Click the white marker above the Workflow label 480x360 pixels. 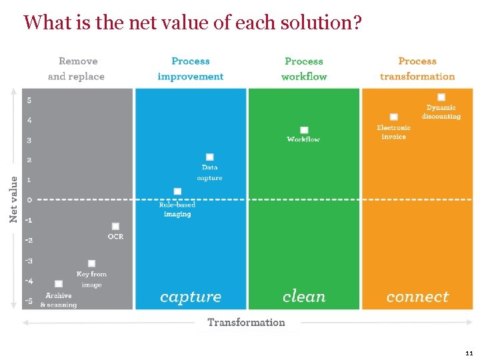click(x=304, y=130)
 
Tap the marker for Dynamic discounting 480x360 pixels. click(x=441, y=97)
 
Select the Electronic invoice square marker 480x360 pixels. click(x=393, y=117)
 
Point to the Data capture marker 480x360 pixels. click(x=209, y=157)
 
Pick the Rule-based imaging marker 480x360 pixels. click(x=177, y=191)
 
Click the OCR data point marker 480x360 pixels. click(x=115, y=226)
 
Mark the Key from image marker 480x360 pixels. click(x=91, y=263)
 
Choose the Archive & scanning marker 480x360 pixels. click(x=59, y=283)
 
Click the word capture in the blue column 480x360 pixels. click(x=191, y=297)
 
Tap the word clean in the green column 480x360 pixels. click(x=304, y=297)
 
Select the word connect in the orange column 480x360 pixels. click(x=417, y=297)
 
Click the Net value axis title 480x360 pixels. click(x=13, y=199)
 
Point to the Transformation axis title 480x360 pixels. click(x=246, y=322)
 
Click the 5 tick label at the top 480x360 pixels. click(x=29, y=101)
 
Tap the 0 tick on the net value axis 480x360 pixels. click(x=29, y=199)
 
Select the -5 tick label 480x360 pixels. click(x=28, y=301)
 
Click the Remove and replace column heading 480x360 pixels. click(x=77, y=69)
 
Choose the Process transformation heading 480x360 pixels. click(x=417, y=69)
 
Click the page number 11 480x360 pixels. click(x=469, y=353)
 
